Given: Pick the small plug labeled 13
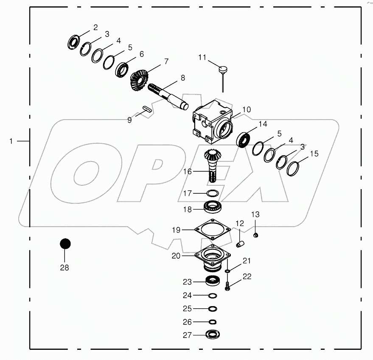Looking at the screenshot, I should (x=256, y=235).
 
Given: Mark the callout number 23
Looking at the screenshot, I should (x=188, y=282).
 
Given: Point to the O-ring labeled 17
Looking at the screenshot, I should (x=213, y=194).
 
